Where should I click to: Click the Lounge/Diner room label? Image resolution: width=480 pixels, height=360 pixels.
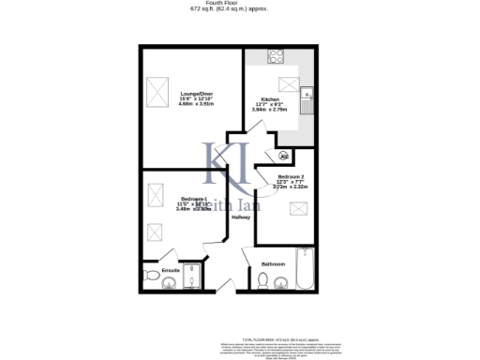point(197,92)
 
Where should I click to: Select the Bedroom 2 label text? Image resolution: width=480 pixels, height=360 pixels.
point(291,175)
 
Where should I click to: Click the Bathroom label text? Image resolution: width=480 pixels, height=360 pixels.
point(274,263)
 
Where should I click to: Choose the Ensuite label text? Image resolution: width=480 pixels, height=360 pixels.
point(171,270)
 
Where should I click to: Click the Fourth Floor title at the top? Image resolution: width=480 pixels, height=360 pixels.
point(239,4)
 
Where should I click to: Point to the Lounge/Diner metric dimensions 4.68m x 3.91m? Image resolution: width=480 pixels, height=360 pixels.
point(197,104)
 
